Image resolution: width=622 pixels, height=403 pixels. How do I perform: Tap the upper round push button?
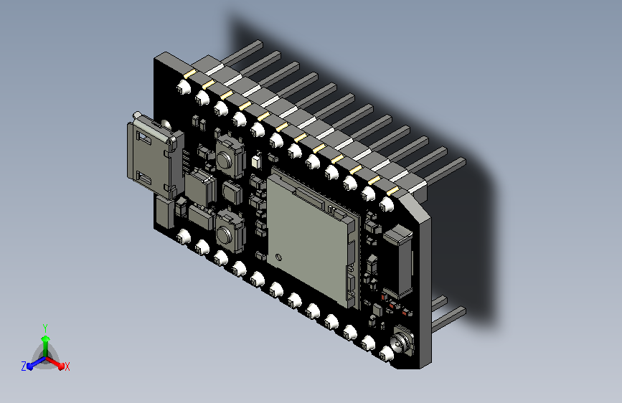[224, 159]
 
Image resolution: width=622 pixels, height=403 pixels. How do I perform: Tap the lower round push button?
[224, 235]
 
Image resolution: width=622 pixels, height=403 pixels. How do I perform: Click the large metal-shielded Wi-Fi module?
[312, 237]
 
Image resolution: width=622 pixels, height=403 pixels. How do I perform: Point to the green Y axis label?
[45, 328]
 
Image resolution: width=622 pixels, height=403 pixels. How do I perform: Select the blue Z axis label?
[24, 366]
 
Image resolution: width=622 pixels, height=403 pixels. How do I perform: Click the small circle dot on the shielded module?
[278, 257]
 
